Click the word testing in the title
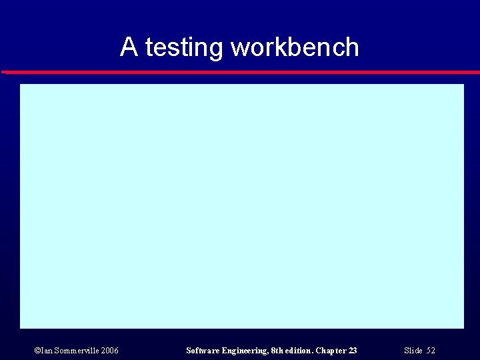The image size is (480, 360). (x=184, y=48)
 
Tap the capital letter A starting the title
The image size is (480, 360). (x=129, y=47)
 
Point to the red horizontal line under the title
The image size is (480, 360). (x=240, y=72)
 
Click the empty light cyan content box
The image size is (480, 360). (x=241, y=205)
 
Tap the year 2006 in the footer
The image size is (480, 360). (x=110, y=351)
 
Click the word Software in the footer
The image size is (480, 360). (x=203, y=351)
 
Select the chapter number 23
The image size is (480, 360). (x=353, y=351)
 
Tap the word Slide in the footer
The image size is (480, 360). (x=413, y=351)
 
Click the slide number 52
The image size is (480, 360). (x=431, y=351)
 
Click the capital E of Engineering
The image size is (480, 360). (x=225, y=351)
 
